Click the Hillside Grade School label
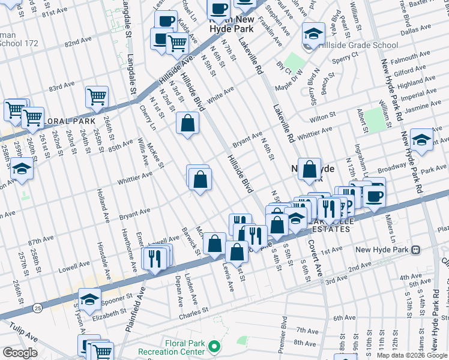[x=358, y=45]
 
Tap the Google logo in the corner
[x=20, y=353]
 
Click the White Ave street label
[x=220, y=93]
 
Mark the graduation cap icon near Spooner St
[x=89, y=298]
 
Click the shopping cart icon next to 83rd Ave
[x=96, y=96]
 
